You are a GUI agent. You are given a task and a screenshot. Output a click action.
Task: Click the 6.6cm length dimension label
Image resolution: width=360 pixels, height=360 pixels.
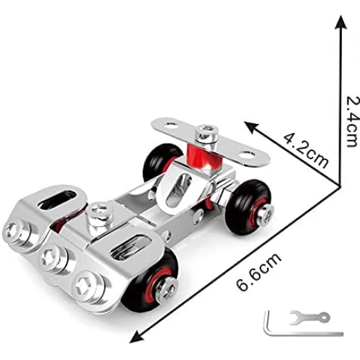click(x=259, y=271)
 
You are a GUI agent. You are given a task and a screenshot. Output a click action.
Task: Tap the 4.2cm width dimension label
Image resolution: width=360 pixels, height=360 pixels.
click(x=305, y=150)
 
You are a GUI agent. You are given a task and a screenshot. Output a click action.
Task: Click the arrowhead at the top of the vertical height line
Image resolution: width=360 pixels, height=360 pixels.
click(x=341, y=22)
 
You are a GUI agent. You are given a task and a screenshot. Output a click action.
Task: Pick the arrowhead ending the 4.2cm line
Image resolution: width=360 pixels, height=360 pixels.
click(x=252, y=127)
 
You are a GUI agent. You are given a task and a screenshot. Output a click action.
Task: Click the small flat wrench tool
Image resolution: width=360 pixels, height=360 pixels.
click(x=309, y=317)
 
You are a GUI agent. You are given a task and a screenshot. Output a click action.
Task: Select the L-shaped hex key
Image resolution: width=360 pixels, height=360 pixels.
click(x=289, y=332)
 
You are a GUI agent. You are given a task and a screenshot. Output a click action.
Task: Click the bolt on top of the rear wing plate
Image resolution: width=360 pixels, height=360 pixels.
click(x=206, y=133)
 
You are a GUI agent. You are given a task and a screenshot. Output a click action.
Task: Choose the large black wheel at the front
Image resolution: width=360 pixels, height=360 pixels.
click(x=150, y=281)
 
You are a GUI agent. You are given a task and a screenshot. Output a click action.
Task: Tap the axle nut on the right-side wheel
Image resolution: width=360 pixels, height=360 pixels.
click(x=265, y=215)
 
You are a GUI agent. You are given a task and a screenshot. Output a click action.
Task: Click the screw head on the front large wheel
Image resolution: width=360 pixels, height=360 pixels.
click(x=167, y=289)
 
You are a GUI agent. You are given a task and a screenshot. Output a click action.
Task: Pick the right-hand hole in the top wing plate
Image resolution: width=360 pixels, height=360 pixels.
click(x=246, y=154)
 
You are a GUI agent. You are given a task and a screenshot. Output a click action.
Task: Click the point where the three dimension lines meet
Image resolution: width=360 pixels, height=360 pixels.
click(x=340, y=186)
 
